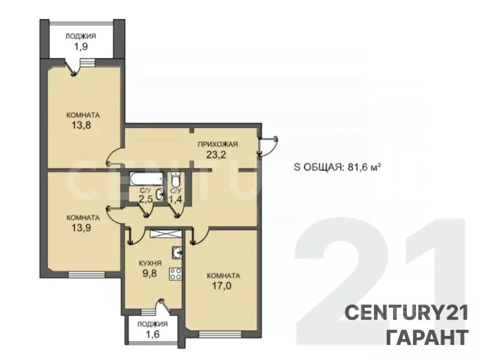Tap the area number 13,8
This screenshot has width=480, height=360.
83,126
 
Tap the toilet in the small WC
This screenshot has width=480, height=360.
176,180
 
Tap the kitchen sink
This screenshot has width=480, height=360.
177,253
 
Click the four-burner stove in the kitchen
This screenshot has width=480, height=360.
176,274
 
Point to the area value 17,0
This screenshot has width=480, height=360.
223,286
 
